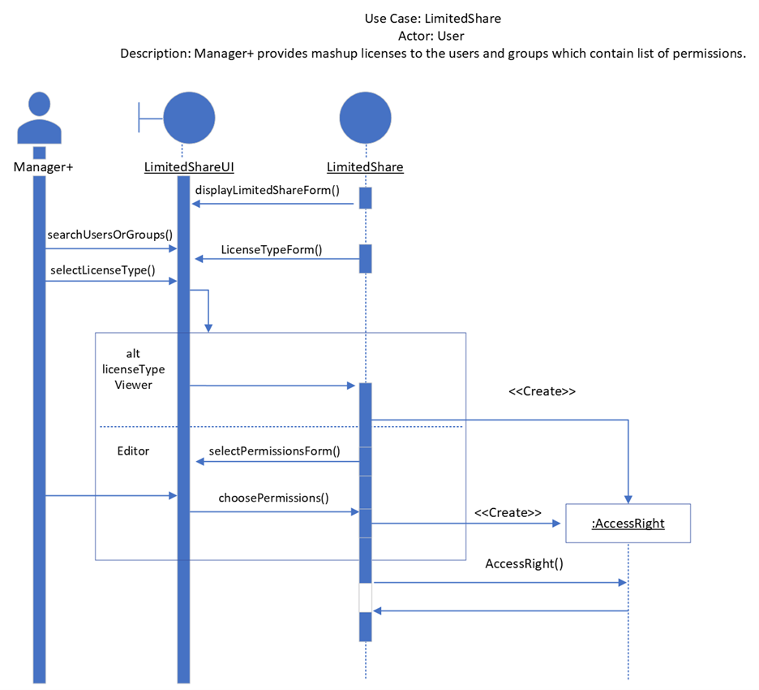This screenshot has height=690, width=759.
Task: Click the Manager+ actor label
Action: click(x=38, y=167)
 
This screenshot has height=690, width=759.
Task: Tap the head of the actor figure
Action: click(x=39, y=105)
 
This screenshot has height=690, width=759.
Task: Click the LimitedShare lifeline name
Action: click(x=365, y=167)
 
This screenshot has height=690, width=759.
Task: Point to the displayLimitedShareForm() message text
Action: click(x=267, y=190)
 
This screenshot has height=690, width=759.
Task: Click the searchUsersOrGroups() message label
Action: click(x=110, y=235)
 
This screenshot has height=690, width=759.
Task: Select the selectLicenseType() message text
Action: click(x=103, y=270)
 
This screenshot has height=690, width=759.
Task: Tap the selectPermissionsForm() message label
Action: click(x=274, y=451)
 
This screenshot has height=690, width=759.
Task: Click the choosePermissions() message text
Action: click(x=273, y=498)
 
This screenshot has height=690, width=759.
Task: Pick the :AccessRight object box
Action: click(x=628, y=524)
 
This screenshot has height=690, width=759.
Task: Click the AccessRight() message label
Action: click(x=524, y=563)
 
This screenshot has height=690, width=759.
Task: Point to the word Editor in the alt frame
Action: click(x=133, y=451)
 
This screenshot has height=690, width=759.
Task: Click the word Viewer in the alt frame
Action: click(x=133, y=385)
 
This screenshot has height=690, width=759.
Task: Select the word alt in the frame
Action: click(x=133, y=355)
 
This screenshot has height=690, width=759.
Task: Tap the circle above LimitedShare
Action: click(x=365, y=119)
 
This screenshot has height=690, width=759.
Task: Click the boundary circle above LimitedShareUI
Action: click(x=189, y=119)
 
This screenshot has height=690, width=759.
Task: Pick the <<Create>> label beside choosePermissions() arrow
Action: click(x=508, y=513)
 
